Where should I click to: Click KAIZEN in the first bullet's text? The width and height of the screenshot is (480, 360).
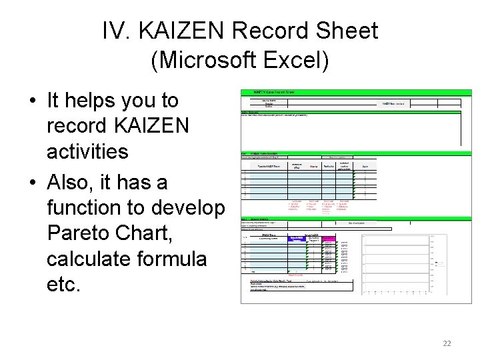(x=151, y=125)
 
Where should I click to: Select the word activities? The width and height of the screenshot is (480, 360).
(x=87, y=151)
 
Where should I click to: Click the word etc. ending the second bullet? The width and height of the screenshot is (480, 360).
(x=65, y=285)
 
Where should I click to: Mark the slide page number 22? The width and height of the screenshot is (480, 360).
(x=447, y=343)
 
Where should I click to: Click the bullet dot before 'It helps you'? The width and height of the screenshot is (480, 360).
(x=32, y=101)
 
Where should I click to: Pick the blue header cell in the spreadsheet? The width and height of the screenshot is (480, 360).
(x=296, y=239)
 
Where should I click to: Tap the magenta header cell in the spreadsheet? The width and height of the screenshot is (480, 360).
(x=329, y=239)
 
